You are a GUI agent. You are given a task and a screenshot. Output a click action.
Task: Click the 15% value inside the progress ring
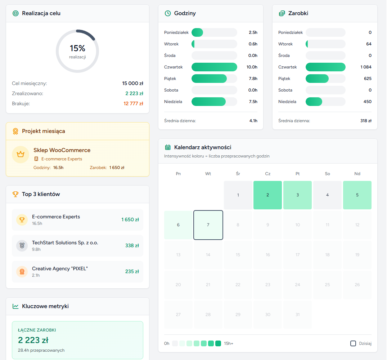tap(77, 48)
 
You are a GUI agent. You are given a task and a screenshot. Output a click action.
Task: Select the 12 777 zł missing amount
tap(133, 103)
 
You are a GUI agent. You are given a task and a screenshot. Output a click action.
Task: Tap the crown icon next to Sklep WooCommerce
tap(21, 155)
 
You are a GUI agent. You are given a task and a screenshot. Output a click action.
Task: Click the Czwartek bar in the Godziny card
tap(214, 67)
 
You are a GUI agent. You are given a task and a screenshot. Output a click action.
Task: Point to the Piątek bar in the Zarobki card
tap(317, 79)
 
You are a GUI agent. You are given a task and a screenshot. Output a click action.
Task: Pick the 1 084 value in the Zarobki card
tap(366, 67)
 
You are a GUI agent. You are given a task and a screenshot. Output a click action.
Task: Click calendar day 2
tap(267, 195)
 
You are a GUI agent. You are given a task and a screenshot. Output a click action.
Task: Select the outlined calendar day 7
tap(208, 225)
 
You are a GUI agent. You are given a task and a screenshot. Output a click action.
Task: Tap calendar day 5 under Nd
tap(357, 195)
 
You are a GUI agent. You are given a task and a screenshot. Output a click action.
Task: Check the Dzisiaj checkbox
tap(353, 343)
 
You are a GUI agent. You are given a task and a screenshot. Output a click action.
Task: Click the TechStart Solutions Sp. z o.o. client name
tap(65, 243)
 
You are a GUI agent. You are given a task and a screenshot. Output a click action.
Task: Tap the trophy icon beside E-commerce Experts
tap(22, 219)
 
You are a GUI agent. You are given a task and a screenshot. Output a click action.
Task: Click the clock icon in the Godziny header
tap(168, 13)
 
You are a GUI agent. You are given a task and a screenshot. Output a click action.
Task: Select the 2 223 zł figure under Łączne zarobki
tap(33, 340)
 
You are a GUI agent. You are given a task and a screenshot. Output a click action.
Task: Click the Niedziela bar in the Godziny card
tap(209, 102)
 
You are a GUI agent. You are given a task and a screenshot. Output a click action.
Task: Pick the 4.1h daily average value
tap(253, 121)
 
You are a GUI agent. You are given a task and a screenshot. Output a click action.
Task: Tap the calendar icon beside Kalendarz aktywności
tap(168, 147)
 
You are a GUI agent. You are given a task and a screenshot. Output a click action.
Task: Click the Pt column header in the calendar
tap(297, 174)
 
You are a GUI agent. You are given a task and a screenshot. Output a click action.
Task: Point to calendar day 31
tap(297, 315)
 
